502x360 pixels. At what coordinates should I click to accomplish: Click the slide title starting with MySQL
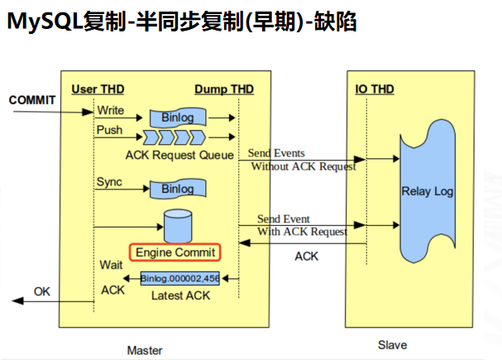click(182, 22)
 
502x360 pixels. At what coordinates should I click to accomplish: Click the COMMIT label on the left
click(32, 100)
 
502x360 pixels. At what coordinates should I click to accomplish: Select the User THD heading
click(97, 89)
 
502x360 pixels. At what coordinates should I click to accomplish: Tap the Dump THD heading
click(224, 89)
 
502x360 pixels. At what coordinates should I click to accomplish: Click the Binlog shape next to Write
click(177, 117)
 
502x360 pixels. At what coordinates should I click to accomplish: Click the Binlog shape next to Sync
click(177, 189)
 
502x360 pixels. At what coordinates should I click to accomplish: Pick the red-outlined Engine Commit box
click(175, 252)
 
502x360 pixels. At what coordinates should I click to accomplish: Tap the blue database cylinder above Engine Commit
click(176, 223)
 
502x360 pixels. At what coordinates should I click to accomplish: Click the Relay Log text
click(428, 192)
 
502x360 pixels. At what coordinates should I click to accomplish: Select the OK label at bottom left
click(42, 291)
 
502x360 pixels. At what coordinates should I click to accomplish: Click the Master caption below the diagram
click(144, 350)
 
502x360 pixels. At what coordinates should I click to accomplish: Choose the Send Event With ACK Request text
click(301, 225)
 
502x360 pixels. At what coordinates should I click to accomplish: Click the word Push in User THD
click(109, 130)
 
